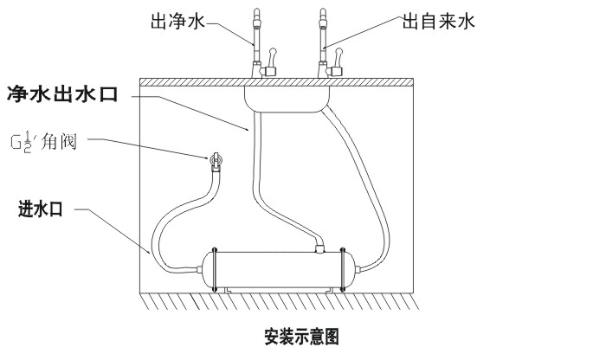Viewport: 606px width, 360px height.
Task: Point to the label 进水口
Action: click(45, 209)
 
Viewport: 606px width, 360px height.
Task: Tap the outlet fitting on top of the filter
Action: click(319, 248)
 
